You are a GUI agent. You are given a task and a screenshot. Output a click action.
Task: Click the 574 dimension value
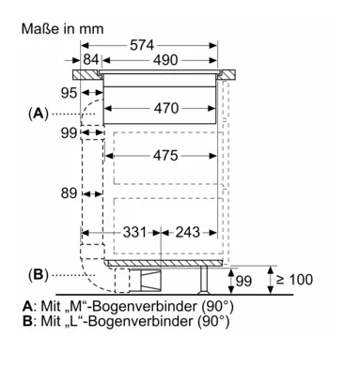pos(142,45)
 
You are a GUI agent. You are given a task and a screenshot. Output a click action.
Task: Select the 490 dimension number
pos(165,60)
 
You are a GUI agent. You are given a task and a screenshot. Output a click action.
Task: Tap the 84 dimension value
pos(91,59)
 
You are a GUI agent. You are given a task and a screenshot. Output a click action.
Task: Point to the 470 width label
pos(166,108)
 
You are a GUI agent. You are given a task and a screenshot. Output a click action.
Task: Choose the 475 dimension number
pos(165,156)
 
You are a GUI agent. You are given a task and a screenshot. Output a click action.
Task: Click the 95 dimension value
pos(69,93)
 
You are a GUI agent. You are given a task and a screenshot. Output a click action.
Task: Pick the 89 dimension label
pos(69,193)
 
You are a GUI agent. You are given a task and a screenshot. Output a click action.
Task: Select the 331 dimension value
pos(134,232)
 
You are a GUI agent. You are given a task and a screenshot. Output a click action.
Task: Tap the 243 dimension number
pos(187,232)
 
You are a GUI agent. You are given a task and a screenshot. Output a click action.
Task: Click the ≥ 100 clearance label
pos(294,280)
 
